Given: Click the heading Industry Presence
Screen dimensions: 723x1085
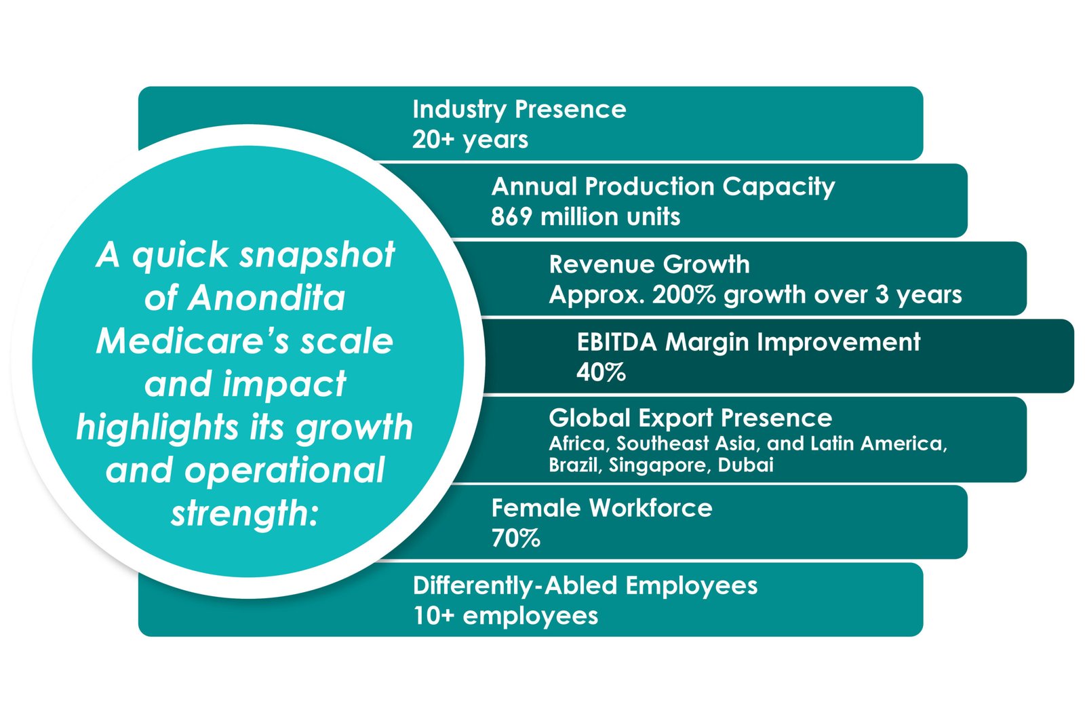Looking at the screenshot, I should click(x=519, y=109).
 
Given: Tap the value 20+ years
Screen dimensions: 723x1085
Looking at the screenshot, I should click(x=470, y=140).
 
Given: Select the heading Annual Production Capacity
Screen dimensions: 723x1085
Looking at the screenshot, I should click(x=663, y=187).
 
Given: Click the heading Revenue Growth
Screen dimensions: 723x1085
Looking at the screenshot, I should click(x=649, y=265).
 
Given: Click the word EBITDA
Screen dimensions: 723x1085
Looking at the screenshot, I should click(x=616, y=343).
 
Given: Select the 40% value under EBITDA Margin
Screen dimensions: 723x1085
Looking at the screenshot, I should click(x=601, y=372).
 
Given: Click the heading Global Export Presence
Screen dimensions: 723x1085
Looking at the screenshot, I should click(x=690, y=418).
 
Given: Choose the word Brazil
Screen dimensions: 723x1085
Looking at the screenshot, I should click(x=574, y=465).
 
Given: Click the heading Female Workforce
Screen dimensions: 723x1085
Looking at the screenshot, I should click(x=601, y=508).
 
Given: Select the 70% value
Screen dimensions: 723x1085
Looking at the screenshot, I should click(x=515, y=539).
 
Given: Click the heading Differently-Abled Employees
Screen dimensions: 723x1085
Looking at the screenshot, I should click(x=585, y=585).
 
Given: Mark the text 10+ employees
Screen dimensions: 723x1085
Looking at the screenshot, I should click(x=505, y=616).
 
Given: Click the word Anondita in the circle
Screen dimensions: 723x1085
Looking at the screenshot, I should click(x=267, y=298).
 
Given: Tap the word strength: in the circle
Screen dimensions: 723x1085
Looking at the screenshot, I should click(x=244, y=513).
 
